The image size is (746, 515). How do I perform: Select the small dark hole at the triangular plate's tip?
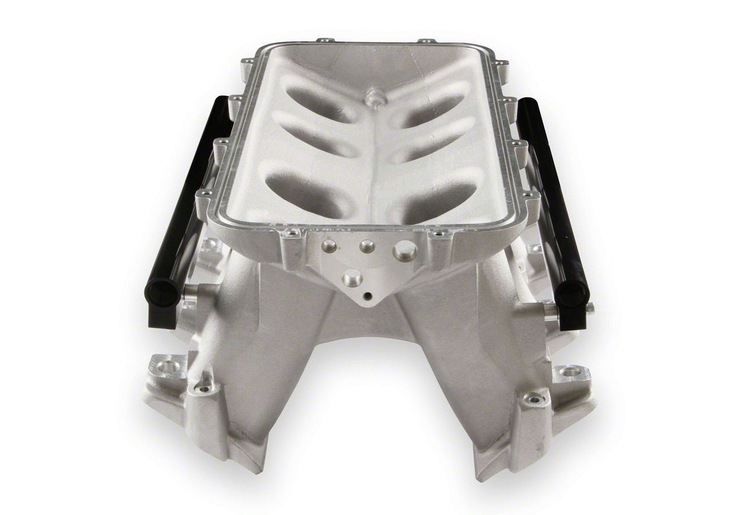[367, 296]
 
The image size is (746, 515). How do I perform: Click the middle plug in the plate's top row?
[367, 246]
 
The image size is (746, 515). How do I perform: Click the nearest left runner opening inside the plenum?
[302, 194]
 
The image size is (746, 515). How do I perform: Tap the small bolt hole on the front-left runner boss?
[203, 387]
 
